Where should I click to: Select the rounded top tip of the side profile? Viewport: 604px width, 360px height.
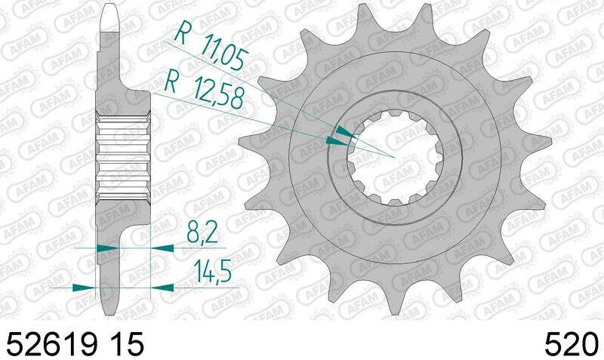point(109,9)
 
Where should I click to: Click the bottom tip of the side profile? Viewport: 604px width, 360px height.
point(109,311)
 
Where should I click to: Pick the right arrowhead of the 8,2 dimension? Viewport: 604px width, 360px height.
point(160,247)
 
